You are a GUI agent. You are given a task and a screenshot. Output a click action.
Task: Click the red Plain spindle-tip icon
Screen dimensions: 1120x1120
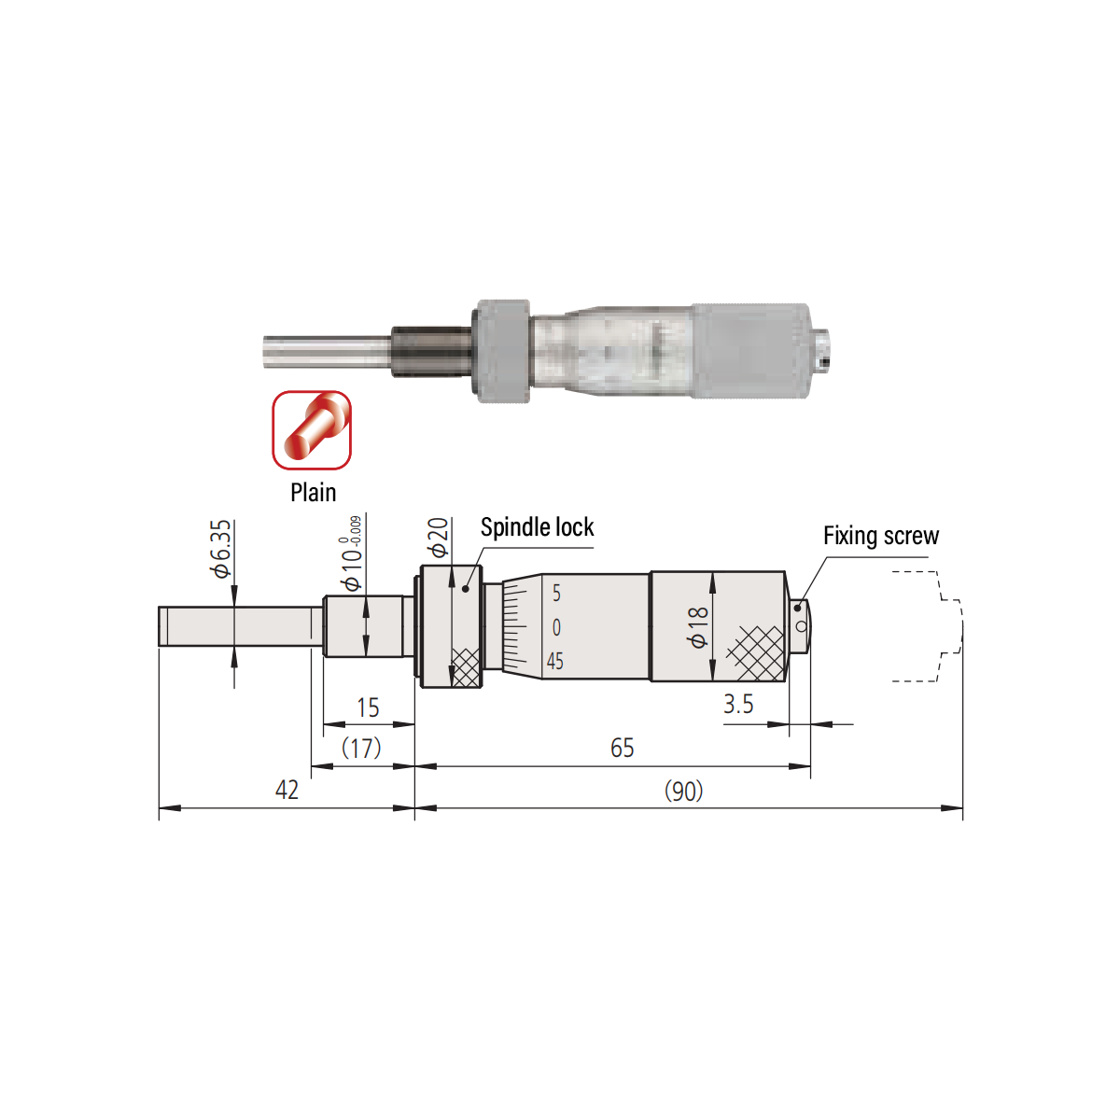[x=312, y=429]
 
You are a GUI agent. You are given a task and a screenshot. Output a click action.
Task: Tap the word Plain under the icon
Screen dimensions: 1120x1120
[x=314, y=492]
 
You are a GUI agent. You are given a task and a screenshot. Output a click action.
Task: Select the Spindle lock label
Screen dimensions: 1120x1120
[x=537, y=527]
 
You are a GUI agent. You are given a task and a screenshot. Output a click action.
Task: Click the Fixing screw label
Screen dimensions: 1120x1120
[x=881, y=536]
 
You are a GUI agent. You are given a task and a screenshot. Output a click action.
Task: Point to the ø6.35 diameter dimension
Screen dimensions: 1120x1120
[x=221, y=549]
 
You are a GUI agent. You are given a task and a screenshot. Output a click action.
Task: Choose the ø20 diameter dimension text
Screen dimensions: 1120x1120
[x=438, y=537]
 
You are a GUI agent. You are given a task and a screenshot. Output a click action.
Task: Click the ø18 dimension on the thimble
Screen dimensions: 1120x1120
[x=697, y=627]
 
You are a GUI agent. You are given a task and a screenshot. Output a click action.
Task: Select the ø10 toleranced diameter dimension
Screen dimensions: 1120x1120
[x=352, y=553]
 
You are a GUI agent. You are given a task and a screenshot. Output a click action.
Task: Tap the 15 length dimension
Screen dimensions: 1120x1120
[x=368, y=707]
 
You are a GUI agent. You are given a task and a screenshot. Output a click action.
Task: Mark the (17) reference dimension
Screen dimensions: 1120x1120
[x=361, y=748]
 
